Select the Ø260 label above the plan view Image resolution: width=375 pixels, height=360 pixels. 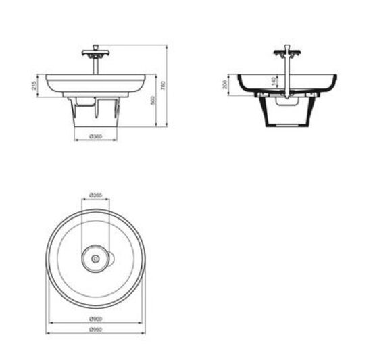click(x=95, y=196)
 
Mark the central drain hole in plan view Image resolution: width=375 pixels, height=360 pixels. click(x=95, y=257)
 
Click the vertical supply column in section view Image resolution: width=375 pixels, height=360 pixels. click(x=286, y=78)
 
